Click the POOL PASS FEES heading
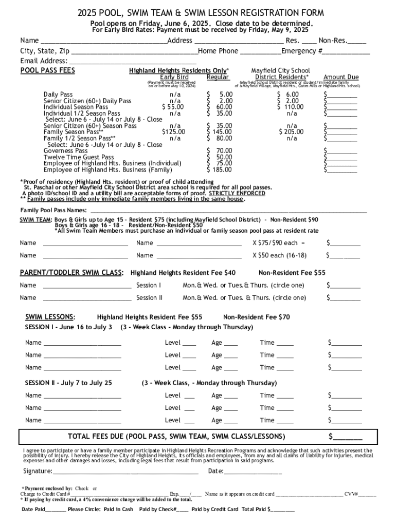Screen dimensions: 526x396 pyautogui.click(x=47, y=70)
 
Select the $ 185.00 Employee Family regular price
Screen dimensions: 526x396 pyautogui.click(x=219, y=170)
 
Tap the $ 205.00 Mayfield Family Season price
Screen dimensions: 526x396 pyautogui.click(x=291, y=132)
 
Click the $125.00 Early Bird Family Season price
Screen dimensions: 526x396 pyautogui.click(x=173, y=132)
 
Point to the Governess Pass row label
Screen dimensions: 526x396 pyautogui.click(x=66, y=151)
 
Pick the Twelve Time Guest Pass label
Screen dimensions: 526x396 pyautogui.click(x=79, y=157)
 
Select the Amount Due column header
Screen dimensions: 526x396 pyautogui.click(x=341, y=77)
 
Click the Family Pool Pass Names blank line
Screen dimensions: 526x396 pyautogui.click(x=228, y=210)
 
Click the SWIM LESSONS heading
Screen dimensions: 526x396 pyautogui.click(x=50, y=317)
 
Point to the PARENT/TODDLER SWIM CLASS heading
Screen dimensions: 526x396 pyautogui.click(x=71, y=272)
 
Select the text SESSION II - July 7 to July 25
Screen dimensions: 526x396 pyautogui.click(x=68, y=383)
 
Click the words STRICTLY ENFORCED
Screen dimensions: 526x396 pyautogui.click(x=241, y=193)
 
